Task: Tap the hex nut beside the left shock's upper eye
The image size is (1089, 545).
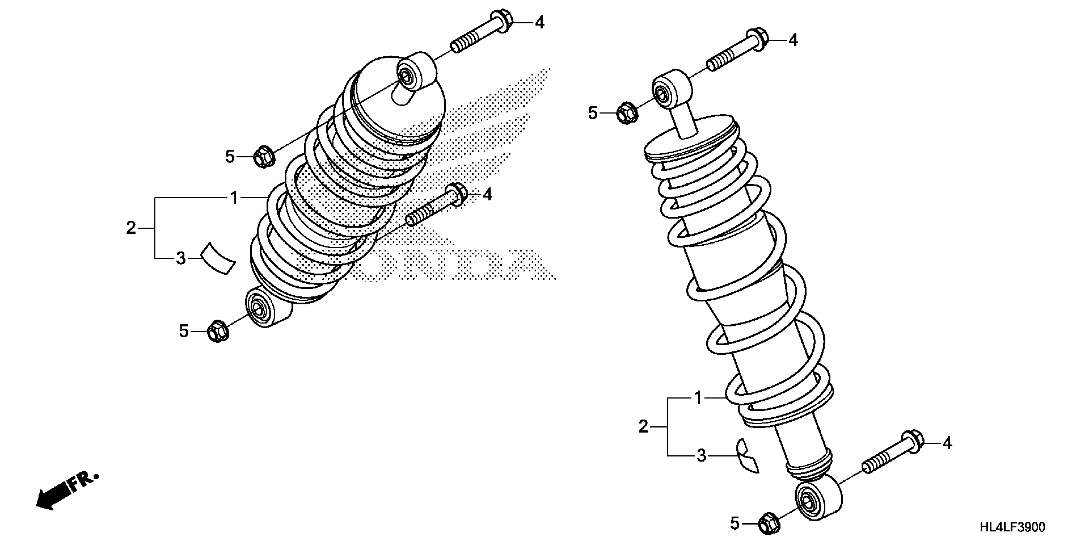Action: pos(264,157)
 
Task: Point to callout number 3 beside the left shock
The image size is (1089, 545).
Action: pos(181,258)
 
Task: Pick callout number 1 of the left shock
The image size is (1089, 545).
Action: pos(234,197)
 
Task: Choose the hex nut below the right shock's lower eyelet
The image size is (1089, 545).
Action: pos(769,524)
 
